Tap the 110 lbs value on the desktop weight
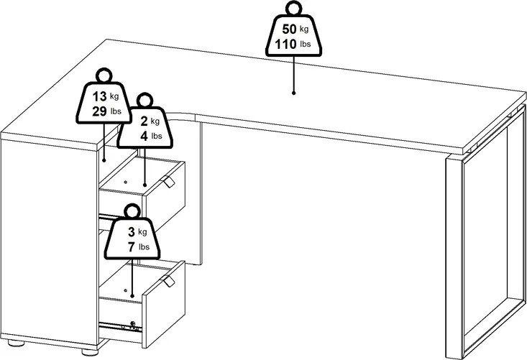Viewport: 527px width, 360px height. point(283,46)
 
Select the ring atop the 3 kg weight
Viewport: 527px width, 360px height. point(132,212)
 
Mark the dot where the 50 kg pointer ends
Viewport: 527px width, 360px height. point(294,93)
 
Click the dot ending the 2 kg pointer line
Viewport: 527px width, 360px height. point(146,185)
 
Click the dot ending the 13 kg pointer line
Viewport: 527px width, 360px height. point(104,158)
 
